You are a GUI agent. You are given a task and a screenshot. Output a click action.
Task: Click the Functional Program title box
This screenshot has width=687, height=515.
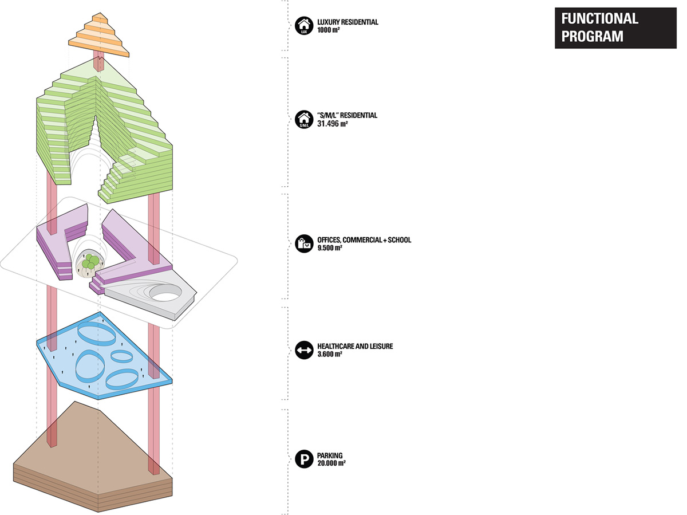click(x=615, y=27)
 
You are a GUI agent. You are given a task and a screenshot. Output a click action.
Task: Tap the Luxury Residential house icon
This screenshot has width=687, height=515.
click(x=303, y=26)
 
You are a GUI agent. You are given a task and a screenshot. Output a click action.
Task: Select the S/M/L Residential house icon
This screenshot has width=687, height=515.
click(x=303, y=119)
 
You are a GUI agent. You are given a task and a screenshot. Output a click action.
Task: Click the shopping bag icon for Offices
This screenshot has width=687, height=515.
click(x=303, y=243)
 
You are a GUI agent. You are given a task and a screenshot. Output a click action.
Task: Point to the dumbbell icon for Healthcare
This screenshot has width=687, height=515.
click(x=303, y=350)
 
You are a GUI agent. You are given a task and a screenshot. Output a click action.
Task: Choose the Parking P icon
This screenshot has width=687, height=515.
click(x=303, y=459)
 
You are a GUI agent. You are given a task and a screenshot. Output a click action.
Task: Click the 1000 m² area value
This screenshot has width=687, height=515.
click(x=329, y=30)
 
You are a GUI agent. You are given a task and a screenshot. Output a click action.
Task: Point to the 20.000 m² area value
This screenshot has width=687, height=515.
click(x=331, y=463)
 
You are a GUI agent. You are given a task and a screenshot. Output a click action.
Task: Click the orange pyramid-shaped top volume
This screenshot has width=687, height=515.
click(x=98, y=37)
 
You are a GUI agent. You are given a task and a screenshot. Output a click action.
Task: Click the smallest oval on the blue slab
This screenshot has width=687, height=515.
click(x=121, y=356)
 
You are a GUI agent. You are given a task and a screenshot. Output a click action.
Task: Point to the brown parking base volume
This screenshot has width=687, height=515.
click(x=92, y=453)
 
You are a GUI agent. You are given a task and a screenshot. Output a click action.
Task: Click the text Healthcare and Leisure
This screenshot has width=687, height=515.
click(x=354, y=347)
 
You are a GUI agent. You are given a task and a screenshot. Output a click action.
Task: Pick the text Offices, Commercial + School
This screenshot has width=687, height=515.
click(x=364, y=240)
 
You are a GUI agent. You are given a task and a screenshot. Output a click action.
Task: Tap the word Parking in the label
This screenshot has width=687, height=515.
click(x=330, y=455)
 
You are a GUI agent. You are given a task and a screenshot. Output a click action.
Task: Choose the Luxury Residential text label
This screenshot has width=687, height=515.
click(x=348, y=22)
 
